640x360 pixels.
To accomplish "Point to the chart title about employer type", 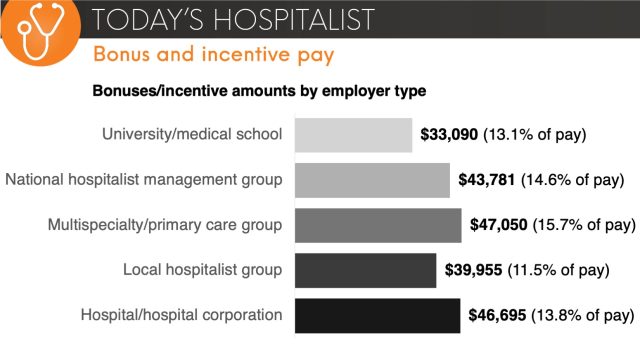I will click(x=259, y=91).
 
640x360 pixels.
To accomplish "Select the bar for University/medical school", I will click(x=353, y=135).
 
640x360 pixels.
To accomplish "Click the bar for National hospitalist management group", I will click(x=372, y=180).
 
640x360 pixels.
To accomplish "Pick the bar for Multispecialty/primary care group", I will click(x=378, y=225).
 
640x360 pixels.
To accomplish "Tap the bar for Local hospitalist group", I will click(x=365, y=270).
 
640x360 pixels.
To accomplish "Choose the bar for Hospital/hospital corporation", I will click(x=377, y=315).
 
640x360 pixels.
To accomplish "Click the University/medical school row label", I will click(x=192, y=135).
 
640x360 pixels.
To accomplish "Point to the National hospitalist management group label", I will click(x=144, y=180).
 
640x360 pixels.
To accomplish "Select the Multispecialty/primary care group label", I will click(x=164, y=225).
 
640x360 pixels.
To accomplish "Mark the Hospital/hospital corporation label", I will click(x=181, y=315).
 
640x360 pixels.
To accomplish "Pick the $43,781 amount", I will click(x=487, y=180).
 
